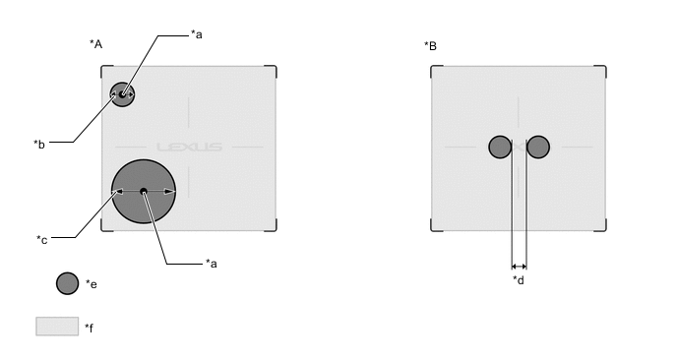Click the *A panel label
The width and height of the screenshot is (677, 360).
click(95, 44)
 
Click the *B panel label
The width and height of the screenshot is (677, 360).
click(430, 46)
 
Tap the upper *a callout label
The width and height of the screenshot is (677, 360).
click(197, 34)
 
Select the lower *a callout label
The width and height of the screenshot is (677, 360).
click(212, 264)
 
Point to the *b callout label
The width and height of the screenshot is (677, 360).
click(39, 145)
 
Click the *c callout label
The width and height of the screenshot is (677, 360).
click(42, 240)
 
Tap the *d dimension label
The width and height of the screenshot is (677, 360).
click(519, 280)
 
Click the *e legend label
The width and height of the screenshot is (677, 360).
click(92, 284)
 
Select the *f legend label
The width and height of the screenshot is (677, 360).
click(89, 329)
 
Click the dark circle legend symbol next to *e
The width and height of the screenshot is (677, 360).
click(67, 283)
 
